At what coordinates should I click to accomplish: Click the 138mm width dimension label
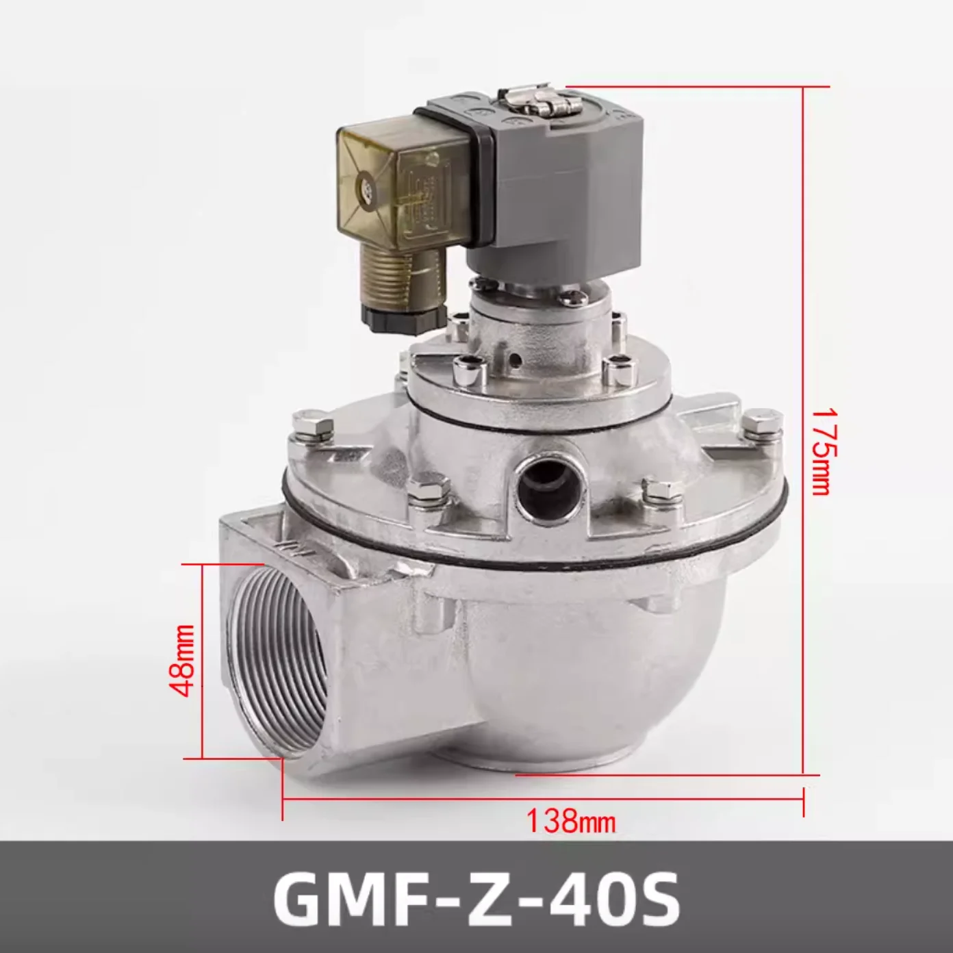tap(570, 819)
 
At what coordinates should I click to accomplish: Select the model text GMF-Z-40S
tap(476, 896)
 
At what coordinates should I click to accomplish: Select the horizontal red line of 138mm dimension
tap(541, 798)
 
